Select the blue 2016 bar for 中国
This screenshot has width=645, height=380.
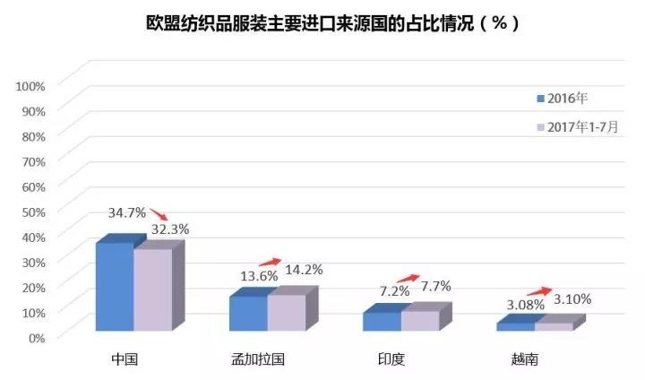pyautogui.click(x=114, y=289)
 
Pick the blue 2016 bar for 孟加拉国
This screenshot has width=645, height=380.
pyautogui.click(x=248, y=314)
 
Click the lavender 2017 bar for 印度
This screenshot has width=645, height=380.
pyautogui.click(x=419, y=321)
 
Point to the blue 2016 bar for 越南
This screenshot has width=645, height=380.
pyautogui.click(x=515, y=326)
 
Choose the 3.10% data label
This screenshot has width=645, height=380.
pyautogui.click(x=572, y=298)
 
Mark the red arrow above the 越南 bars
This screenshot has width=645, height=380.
pyautogui.click(x=538, y=290)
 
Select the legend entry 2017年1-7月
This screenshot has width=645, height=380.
pyautogui.click(x=577, y=126)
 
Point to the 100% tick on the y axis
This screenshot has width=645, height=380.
pyautogui.click(x=30, y=85)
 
